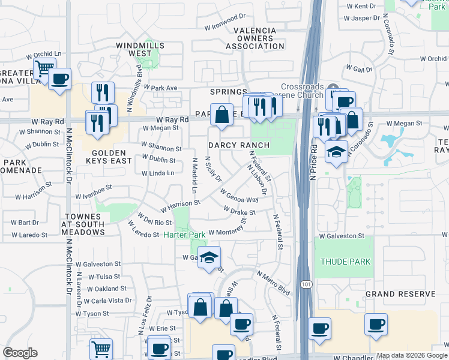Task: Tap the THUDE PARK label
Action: point(345,262)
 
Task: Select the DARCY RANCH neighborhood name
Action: point(238,145)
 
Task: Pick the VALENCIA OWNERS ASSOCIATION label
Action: point(259,38)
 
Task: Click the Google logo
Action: point(20,352)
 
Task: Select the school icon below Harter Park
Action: point(209,257)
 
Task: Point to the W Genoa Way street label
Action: point(239,196)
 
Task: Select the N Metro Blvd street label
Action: point(273,282)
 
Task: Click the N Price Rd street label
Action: point(313,161)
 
